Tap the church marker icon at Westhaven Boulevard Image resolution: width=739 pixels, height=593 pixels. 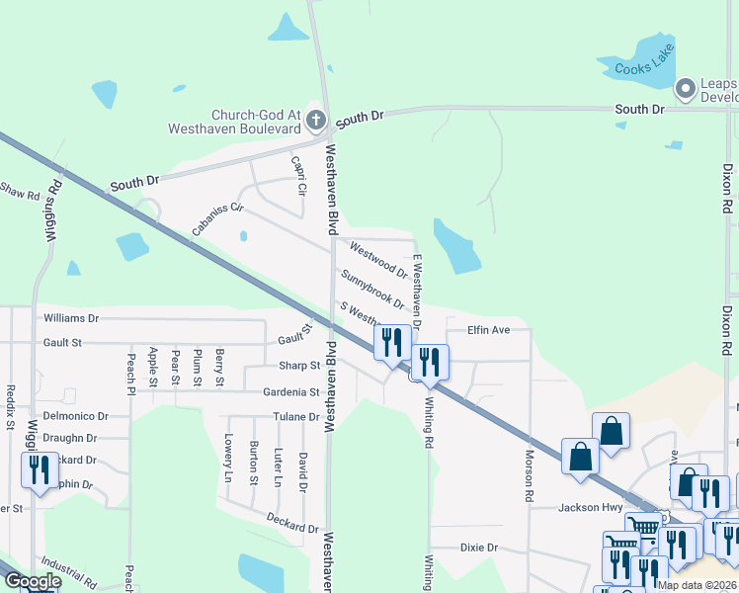(316, 122)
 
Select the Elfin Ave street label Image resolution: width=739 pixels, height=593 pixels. (488, 330)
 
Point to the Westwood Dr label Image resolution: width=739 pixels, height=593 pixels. (378, 261)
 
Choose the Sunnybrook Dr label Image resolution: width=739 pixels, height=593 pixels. (372, 289)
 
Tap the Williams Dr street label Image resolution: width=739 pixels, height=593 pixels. (72, 319)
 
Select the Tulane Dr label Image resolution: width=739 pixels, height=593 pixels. (296, 417)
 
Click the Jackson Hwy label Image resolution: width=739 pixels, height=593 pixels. (591, 508)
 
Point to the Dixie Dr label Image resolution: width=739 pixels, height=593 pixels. (479, 548)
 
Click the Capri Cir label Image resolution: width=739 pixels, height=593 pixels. (297, 174)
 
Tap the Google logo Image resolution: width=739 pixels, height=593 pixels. (33, 582)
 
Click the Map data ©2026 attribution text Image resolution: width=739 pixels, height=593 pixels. (698, 585)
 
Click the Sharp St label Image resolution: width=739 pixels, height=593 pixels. (299, 366)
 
